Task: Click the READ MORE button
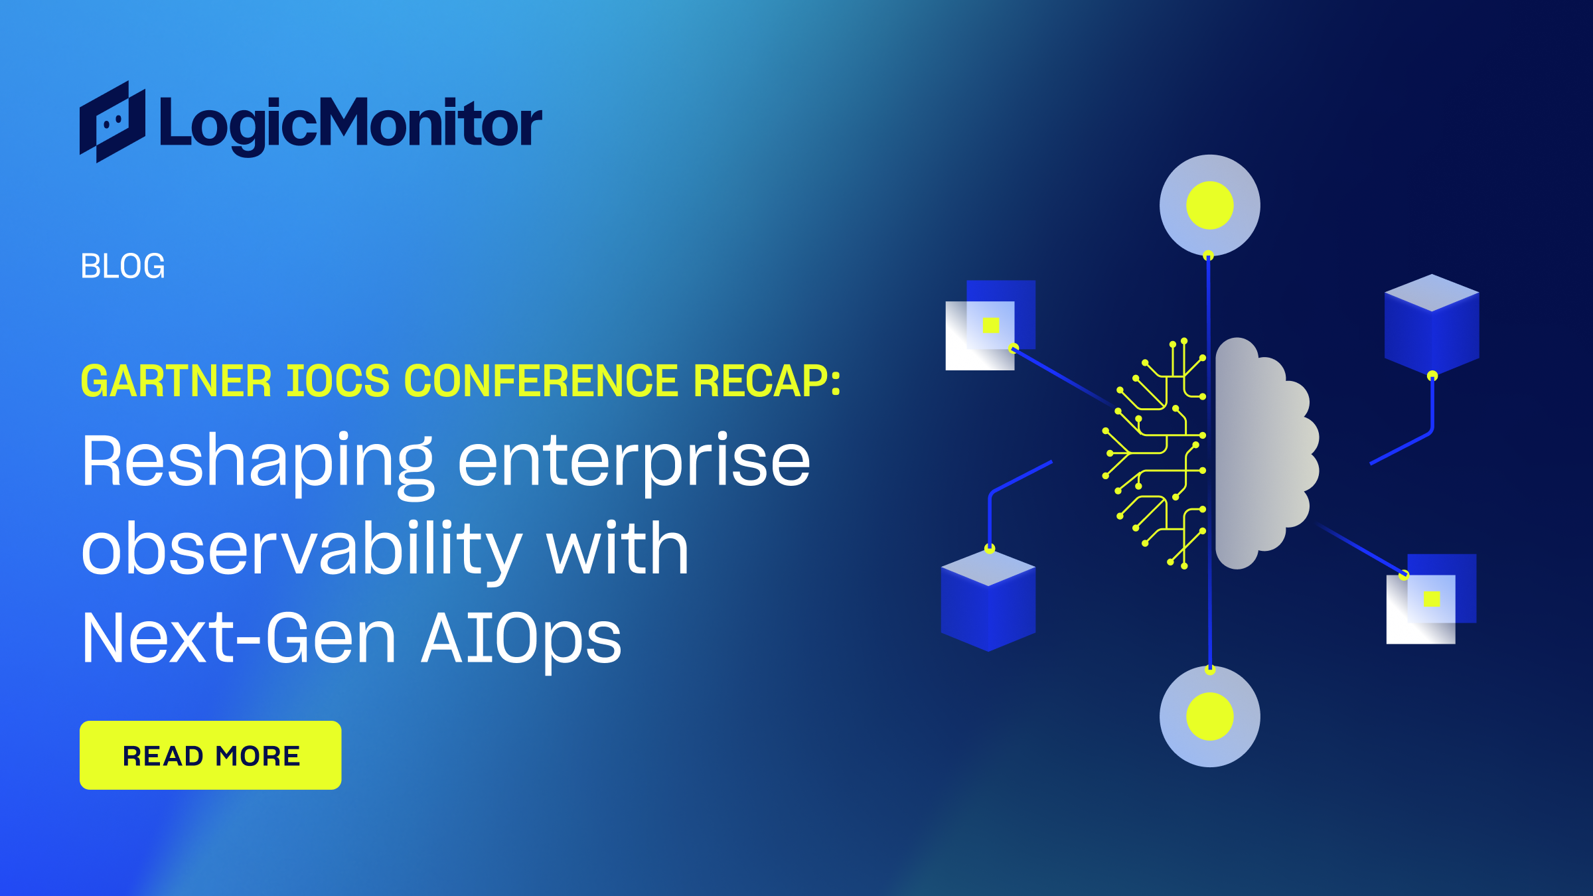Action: tap(210, 755)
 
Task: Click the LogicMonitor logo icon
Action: tap(112, 122)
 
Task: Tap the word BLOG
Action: tap(123, 266)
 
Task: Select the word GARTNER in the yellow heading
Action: tap(176, 382)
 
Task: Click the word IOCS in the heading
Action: tap(337, 382)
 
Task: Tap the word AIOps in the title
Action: tap(522, 638)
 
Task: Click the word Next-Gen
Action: tap(239, 638)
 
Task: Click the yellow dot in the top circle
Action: tap(1209, 205)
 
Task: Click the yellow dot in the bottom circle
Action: tap(1209, 716)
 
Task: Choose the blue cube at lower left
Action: tap(988, 601)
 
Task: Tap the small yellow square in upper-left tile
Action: tap(991, 325)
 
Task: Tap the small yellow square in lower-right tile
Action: tap(1432, 599)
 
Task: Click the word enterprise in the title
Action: tap(634, 461)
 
